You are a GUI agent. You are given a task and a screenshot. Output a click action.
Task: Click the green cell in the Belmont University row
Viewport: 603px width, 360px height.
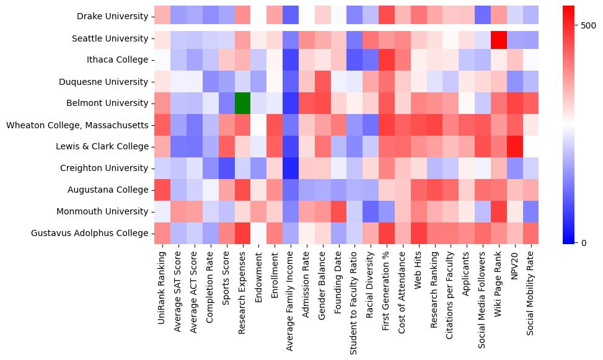tap(242, 103)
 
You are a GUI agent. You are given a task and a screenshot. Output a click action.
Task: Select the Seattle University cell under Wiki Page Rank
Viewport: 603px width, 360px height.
tap(500, 38)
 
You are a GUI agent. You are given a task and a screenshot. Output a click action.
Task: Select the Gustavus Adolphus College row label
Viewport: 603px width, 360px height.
tap(90, 233)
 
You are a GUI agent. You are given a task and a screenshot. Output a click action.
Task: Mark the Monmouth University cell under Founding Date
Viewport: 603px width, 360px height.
tap(339, 211)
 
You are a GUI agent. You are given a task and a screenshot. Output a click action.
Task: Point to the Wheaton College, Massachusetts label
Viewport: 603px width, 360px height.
tap(77, 125)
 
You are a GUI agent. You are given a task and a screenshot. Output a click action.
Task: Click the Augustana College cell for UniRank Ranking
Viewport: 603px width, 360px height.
tap(162, 190)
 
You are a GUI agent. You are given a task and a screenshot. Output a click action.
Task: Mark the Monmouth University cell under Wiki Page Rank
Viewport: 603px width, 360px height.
tap(500, 211)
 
